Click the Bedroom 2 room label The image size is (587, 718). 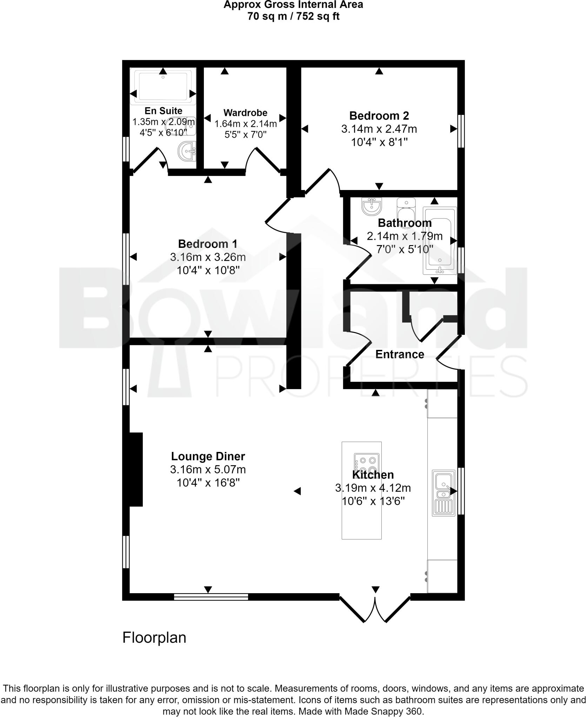pyautogui.click(x=379, y=116)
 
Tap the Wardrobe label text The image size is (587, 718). pyautogui.click(x=245, y=113)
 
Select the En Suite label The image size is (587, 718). pyautogui.click(x=164, y=111)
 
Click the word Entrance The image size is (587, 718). pyautogui.click(x=400, y=354)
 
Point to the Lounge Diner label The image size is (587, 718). pyautogui.click(x=208, y=456)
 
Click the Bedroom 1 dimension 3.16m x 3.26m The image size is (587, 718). pyautogui.click(x=208, y=257)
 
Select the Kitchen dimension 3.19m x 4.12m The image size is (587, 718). pyautogui.click(x=373, y=488)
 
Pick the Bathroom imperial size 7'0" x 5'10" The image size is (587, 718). pyautogui.click(x=405, y=250)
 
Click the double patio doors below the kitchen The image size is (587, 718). pyautogui.click(x=375, y=609)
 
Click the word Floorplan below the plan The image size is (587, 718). pyautogui.click(x=154, y=638)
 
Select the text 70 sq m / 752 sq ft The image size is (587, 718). pyautogui.click(x=293, y=16)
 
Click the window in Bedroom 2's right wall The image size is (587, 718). pyautogui.click(x=461, y=131)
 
